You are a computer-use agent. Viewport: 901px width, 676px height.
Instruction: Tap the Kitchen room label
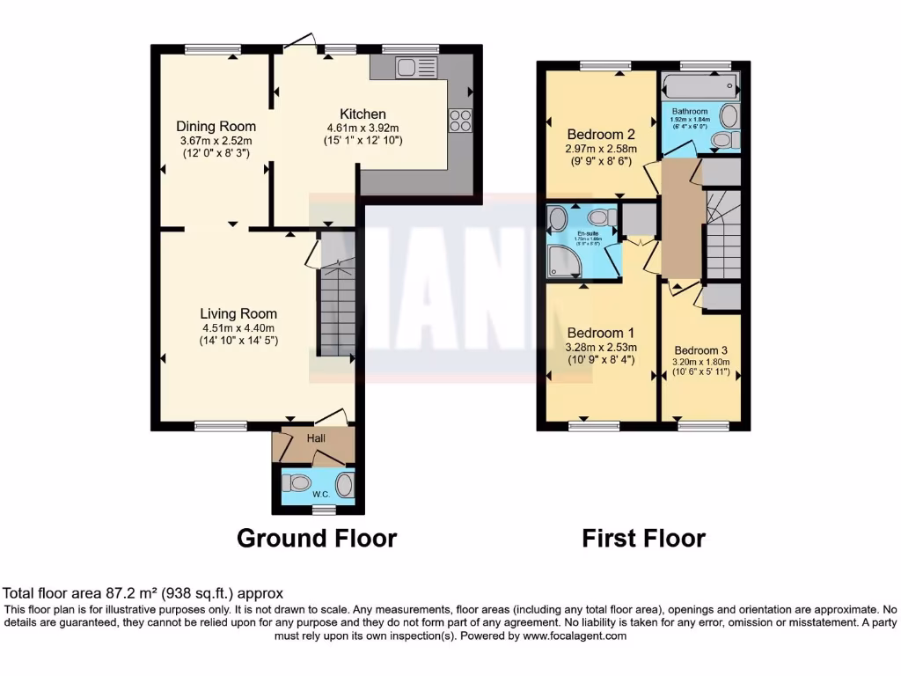(x=363, y=114)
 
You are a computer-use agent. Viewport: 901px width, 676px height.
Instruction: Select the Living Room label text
(x=238, y=313)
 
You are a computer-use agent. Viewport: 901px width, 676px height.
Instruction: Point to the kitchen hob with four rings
(x=460, y=120)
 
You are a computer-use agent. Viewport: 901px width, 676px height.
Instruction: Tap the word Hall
(x=316, y=437)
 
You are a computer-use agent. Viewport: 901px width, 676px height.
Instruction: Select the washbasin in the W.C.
(x=344, y=484)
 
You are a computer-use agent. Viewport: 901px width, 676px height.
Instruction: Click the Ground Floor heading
(x=317, y=538)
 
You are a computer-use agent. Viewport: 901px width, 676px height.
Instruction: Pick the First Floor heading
(x=643, y=538)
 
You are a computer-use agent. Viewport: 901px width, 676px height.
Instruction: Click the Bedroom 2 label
(x=601, y=134)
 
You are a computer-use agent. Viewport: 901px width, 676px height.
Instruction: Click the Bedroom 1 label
(x=601, y=333)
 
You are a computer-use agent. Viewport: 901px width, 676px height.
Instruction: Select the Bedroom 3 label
(x=701, y=349)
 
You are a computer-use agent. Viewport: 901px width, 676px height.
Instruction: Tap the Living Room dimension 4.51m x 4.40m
(x=238, y=329)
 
